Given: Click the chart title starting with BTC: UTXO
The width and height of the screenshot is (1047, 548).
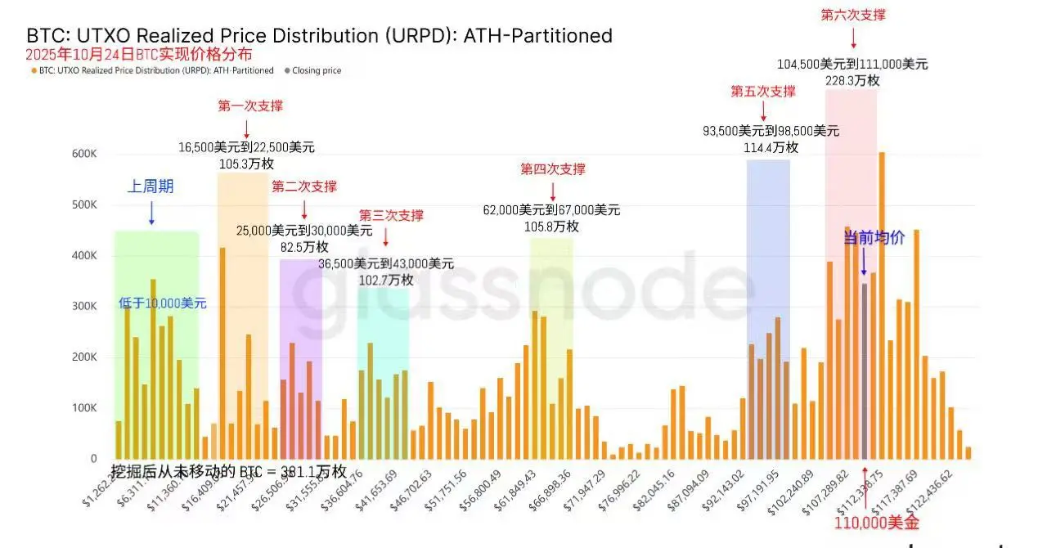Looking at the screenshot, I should coord(319,36).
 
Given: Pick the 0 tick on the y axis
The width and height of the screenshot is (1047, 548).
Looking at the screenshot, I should coord(94,459).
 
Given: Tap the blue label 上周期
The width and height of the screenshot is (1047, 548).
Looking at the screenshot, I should coord(151,186).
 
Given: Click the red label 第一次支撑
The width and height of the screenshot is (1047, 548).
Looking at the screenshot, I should coord(250,106).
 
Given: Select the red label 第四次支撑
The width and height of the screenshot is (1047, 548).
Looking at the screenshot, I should coord(553,169).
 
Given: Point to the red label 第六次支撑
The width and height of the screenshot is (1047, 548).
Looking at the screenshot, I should coord(853,15).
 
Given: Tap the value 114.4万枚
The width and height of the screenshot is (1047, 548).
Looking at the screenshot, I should coord(771,147).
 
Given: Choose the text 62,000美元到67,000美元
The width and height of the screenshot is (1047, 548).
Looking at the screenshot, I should coord(551,210).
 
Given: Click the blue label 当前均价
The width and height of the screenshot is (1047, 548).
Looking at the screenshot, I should coord(874,238).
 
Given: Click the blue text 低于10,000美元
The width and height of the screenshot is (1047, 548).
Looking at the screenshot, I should coord(163,303).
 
